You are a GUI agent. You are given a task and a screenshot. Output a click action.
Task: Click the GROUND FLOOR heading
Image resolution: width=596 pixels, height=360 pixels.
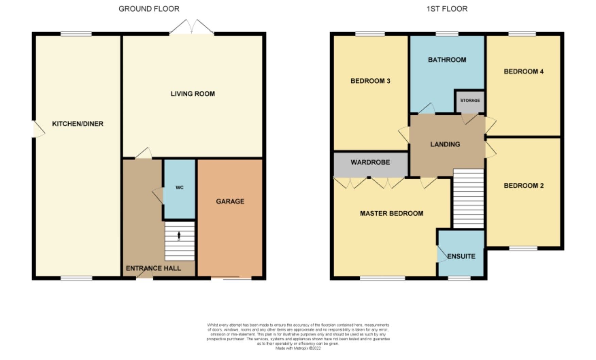[149, 9]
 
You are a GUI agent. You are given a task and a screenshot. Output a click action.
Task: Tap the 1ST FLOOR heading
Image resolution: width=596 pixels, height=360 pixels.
[447, 9]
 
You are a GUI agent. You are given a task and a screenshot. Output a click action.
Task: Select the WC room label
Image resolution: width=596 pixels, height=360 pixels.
[180, 187]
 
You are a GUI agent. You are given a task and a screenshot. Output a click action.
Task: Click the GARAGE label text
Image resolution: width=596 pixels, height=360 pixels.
[230, 201]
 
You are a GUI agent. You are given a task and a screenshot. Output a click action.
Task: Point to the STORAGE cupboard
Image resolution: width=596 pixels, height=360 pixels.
[470, 101]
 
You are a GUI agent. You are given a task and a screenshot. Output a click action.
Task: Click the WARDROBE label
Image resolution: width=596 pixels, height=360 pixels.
[370, 162]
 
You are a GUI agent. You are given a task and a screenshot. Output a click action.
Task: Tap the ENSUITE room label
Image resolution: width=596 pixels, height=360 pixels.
[461, 256]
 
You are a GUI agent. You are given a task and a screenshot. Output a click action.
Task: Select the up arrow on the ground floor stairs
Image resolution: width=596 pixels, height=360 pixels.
[179, 235]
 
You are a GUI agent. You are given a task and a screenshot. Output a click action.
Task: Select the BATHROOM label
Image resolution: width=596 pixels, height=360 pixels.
[447, 60]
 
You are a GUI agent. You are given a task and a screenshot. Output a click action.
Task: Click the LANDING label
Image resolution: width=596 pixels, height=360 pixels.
[445, 144]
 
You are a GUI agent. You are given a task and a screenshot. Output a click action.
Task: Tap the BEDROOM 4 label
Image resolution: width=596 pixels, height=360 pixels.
[523, 71]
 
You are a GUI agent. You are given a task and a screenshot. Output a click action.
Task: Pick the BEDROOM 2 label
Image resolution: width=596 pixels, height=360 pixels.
[524, 185]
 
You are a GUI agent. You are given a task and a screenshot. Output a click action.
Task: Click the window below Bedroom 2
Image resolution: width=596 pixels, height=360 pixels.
[523, 248]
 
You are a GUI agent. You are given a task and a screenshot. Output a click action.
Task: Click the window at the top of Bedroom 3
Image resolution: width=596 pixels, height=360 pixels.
[370, 34]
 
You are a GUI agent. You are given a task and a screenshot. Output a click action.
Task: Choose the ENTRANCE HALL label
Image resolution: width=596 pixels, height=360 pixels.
[153, 268]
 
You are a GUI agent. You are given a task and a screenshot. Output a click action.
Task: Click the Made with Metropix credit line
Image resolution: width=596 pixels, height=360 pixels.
[298, 348]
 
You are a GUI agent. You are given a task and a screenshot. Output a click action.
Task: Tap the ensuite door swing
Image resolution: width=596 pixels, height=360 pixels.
[442, 255]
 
